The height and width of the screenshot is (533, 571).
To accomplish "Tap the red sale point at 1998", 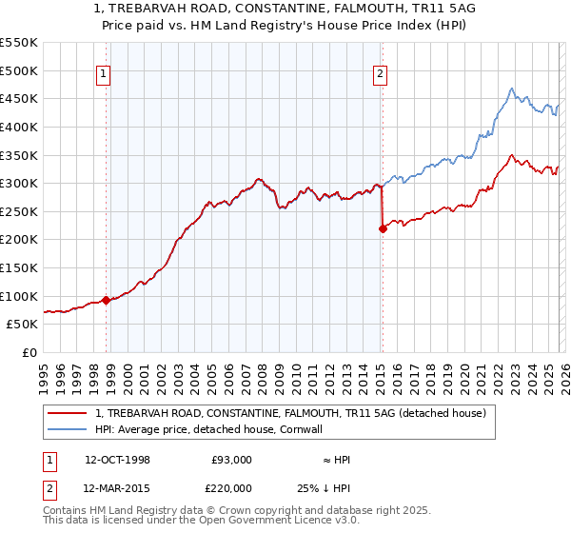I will [x=106, y=300].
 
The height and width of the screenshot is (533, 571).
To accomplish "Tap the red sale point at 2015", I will [x=383, y=228].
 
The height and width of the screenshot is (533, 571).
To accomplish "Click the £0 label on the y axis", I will [x=29, y=352].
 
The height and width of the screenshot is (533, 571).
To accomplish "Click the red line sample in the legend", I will [x=68, y=413].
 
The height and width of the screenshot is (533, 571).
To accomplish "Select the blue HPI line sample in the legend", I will [x=68, y=429].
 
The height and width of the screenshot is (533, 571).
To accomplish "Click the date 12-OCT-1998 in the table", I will [x=117, y=460].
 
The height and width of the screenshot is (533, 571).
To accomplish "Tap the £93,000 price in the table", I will [x=231, y=460].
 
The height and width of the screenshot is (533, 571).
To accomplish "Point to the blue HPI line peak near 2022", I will [x=511, y=89].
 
